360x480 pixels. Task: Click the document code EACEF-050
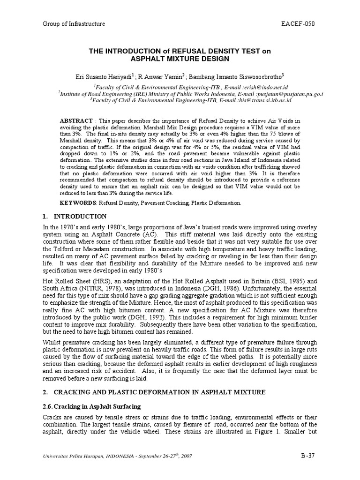(x=306, y=24)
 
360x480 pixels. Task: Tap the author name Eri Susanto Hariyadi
(x=98, y=75)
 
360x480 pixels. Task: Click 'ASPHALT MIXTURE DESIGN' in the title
(x=180, y=59)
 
